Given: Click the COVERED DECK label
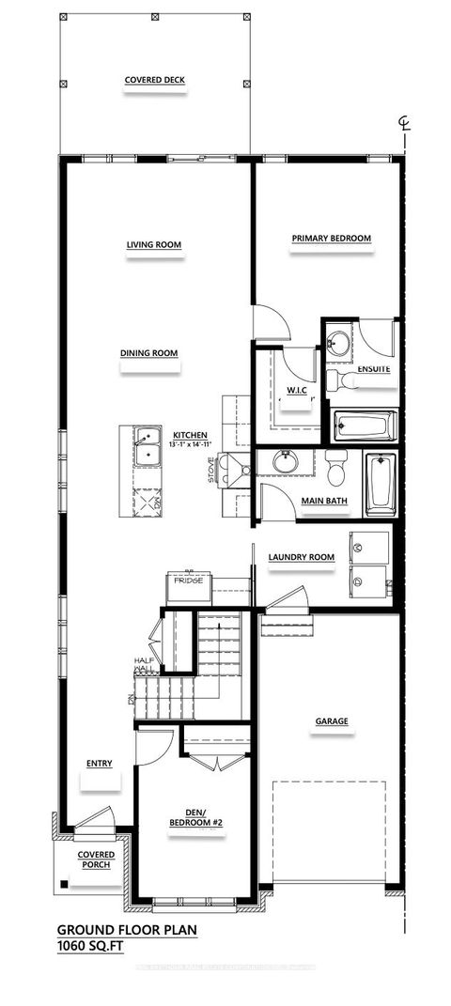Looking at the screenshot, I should coord(155,81).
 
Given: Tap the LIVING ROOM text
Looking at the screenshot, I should coord(154,245).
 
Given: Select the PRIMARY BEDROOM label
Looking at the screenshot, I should coord(331,239).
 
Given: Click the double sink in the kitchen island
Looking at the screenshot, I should coord(146,447).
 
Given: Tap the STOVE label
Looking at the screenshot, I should coord(212,467).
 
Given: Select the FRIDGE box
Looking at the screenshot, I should coord(189,589).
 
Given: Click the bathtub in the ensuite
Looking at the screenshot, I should coord(365,425).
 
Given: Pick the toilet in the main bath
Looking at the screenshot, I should coord(335,465).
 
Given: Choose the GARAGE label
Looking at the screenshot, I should coord(332,721).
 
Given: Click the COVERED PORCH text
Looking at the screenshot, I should coord(96,860).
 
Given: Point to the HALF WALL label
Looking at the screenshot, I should coord(143,666).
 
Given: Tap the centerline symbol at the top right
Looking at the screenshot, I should coord(403,125).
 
